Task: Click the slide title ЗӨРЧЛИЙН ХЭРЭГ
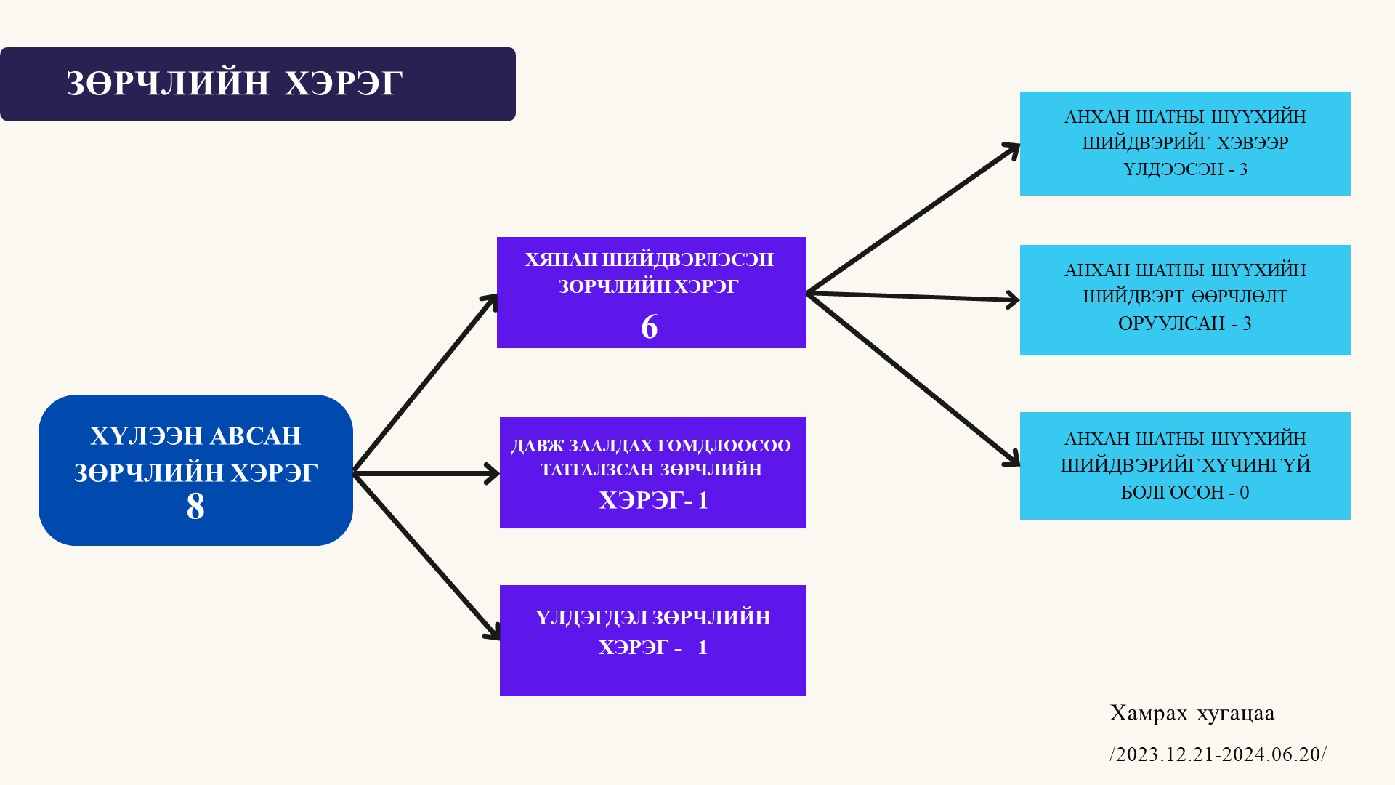tap(234, 84)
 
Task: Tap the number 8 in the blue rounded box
tap(195, 507)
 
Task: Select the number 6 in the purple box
tap(650, 327)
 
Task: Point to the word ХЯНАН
tap(562, 260)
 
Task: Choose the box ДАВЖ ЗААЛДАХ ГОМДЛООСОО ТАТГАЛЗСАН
tap(652, 472)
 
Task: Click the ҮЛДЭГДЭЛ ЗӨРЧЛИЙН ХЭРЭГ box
tap(652, 640)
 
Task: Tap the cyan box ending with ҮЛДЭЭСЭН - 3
tap(1184, 143)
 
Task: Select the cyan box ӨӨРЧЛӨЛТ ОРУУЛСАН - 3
tap(1184, 299)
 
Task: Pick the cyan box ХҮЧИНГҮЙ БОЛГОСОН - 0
tap(1184, 465)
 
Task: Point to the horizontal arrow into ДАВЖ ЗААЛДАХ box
tap(425, 474)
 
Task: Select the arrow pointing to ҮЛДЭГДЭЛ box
tap(425, 556)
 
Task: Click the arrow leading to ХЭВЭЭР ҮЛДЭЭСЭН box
tap(913, 218)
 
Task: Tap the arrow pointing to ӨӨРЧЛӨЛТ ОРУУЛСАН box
tap(913, 297)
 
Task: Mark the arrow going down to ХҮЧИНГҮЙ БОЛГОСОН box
tap(913, 379)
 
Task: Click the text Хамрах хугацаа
tap(1192, 714)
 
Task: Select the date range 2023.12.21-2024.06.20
tap(1218, 754)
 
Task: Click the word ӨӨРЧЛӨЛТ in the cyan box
tap(1240, 297)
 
